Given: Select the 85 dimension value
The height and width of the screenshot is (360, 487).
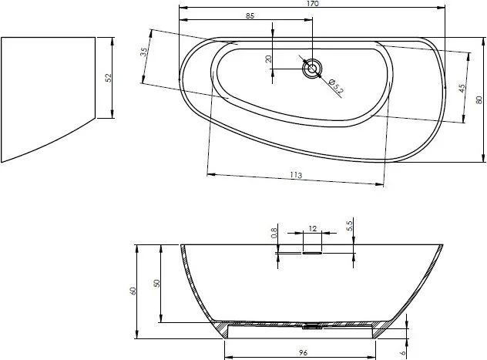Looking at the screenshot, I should tap(250, 16).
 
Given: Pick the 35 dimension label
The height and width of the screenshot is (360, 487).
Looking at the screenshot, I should tap(144, 52).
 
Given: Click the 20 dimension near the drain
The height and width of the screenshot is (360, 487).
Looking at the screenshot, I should tap(268, 59).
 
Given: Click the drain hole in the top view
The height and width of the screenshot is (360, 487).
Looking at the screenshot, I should tap(312, 68).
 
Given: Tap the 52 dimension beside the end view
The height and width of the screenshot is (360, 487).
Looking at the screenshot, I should tap(109, 77).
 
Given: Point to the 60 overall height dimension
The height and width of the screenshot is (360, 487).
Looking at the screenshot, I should tap(133, 291).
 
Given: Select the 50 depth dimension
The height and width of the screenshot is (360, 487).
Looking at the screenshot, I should tap(156, 284).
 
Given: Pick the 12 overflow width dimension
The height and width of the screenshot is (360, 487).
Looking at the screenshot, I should tap(312, 228).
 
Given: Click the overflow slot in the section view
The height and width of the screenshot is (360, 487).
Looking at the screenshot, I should tap(312, 251).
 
